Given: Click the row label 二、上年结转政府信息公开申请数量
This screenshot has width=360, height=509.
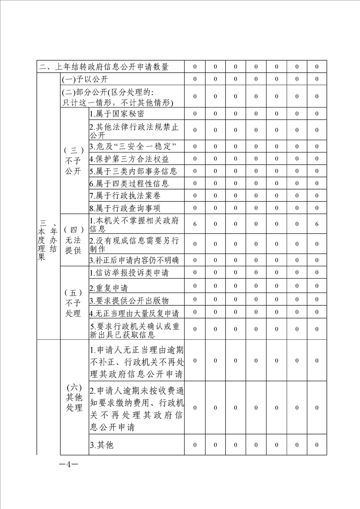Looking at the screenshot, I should tap(104, 67).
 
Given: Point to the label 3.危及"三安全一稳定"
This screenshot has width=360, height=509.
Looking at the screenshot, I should tap(133, 147).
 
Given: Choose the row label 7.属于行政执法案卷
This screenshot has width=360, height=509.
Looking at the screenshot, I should tap(124, 196).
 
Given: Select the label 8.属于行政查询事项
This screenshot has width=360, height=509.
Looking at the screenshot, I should tap(124, 208).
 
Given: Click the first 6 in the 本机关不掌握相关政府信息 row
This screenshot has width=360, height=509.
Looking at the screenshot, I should tap(195, 224).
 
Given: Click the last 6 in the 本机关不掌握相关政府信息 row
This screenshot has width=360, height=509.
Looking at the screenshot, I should tap(317, 224).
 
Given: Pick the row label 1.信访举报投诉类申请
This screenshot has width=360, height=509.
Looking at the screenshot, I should tap(128, 273).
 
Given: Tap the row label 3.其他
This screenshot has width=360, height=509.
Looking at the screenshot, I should tap(101, 445).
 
